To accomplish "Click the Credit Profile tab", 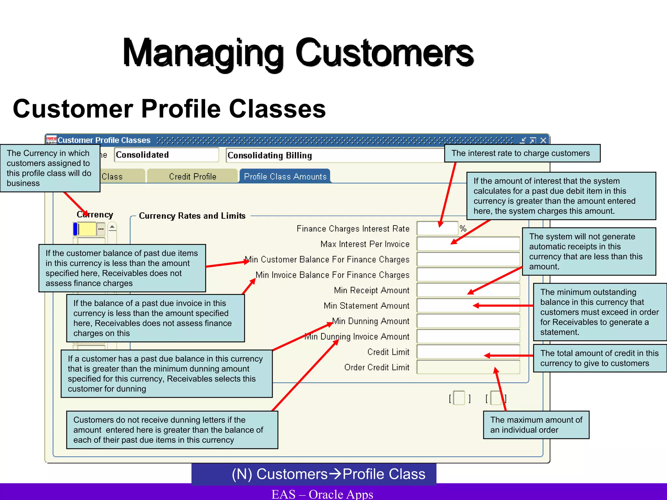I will coord(192,176).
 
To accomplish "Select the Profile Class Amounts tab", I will coord(285,176).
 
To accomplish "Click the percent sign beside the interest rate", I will coord(463,229).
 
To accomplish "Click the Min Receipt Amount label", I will coord(371,290).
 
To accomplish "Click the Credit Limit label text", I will coord(388,352).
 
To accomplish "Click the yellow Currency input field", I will coord(87,229).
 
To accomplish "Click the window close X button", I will coord(543,140).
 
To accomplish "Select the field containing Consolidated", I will coord(166,155).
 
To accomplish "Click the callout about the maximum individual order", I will coord(536,425).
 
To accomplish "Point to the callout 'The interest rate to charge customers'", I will coord(522,153).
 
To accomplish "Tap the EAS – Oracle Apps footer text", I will coord(322,494).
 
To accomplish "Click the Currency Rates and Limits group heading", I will coord(192,216).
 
